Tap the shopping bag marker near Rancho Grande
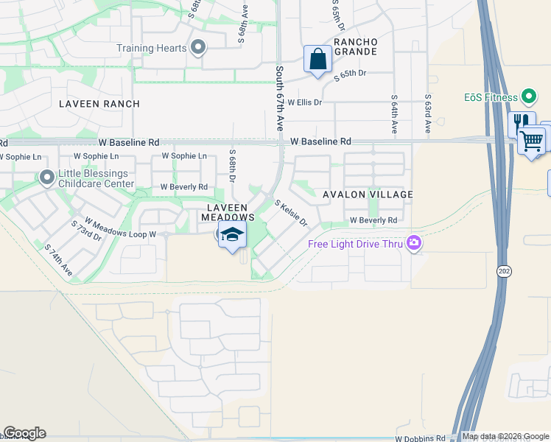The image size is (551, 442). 317,60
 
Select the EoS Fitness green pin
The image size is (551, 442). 528,97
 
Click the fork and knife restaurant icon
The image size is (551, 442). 521,122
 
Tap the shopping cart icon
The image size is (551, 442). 532,139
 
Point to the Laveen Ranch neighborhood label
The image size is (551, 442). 99,104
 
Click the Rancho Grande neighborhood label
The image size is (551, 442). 356,46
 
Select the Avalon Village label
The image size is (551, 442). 368,194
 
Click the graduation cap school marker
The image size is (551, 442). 233,236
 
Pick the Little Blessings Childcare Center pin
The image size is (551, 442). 47,178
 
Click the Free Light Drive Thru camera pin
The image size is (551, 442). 414,243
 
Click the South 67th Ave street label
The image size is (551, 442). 280,98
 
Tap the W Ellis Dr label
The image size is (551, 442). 305,102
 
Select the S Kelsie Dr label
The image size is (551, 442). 291,213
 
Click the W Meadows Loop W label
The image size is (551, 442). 121,228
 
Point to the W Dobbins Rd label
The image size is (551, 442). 421,438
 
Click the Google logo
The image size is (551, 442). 24,433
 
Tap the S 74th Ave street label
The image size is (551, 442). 59,261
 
